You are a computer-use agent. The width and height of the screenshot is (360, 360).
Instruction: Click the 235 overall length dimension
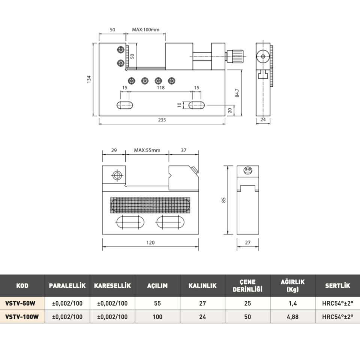(x=162, y=120)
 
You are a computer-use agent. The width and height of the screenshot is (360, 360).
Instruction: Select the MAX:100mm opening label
(x=145, y=30)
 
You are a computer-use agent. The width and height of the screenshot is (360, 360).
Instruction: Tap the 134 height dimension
(x=89, y=79)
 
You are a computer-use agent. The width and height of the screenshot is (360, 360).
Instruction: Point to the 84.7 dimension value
(x=237, y=93)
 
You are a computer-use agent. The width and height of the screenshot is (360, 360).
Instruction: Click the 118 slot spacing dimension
(x=161, y=87)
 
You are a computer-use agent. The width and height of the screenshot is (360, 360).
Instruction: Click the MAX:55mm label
(x=147, y=150)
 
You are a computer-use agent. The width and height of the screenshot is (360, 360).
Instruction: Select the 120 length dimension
(x=150, y=243)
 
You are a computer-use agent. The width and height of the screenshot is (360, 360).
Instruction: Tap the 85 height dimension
(x=223, y=200)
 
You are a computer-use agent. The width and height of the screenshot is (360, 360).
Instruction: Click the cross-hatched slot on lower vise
(x=150, y=205)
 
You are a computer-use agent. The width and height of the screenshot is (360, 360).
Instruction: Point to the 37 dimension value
(x=183, y=150)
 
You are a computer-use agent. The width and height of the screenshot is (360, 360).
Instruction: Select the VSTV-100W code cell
(x=22, y=317)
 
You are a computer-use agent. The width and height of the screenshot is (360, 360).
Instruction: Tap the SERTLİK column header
(x=337, y=286)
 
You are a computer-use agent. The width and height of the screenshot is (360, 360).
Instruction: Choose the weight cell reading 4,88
(x=292, y=317)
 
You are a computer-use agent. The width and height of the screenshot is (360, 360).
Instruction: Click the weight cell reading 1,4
(x=293, y=303)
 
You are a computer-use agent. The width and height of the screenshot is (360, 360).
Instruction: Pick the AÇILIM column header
(x=157, y=286)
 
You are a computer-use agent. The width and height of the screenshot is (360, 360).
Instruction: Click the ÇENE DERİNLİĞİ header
(x=247, y=285)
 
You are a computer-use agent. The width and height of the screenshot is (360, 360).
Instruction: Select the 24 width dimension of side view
(x=263, y=120)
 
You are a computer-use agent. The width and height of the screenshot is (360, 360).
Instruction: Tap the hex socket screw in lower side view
(x=248, y=170)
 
